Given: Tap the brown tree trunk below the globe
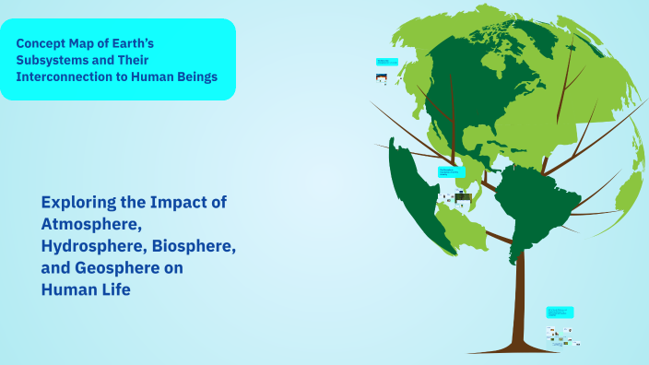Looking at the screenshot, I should [520, 295].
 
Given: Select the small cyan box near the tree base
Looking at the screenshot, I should [559, 312].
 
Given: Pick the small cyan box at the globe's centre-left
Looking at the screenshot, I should [452, 172].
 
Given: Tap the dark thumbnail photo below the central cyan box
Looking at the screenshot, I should [463, 197].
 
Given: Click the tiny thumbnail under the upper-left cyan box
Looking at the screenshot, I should [381, 78].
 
